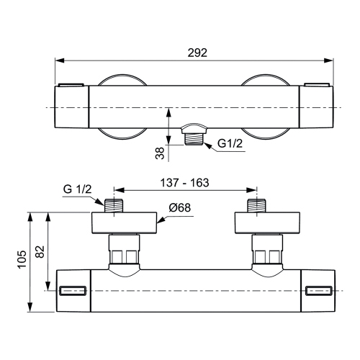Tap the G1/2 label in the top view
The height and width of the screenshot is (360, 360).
point(230,143)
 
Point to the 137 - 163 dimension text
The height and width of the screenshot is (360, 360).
point(184,183)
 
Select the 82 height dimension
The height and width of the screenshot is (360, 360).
point(40,251)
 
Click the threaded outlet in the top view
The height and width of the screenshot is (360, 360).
point(192,135)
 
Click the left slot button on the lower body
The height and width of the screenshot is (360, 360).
point(73,291)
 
